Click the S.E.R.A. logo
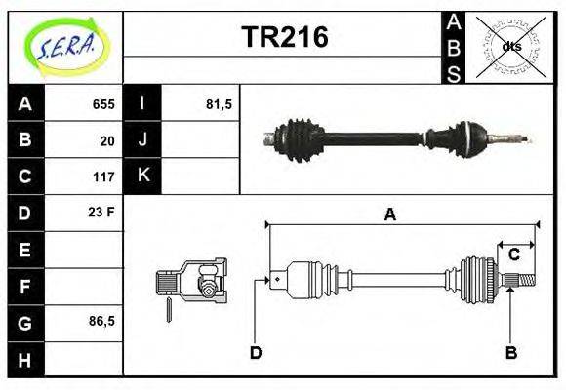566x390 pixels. [x=65, y=46]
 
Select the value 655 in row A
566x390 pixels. [x=103, y=104]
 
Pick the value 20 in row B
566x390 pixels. [x=107, y=140]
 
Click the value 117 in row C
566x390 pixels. [x=103, y=177]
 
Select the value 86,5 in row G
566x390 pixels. [x=101, y=321]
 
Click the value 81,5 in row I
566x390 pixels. [x=219, y=104]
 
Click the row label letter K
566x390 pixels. [x=143, y=176]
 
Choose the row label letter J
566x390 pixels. [x=143, y=140]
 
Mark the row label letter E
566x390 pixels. [x=25, y=250]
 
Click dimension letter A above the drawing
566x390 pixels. [x=390, y=215]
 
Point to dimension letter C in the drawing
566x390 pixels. [x=513, y=254]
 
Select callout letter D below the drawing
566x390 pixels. [x=256, y=352]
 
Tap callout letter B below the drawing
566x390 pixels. [x=510, y=352]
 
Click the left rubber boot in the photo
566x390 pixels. [x=295, y=138]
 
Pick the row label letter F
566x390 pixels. [x=25, y=286]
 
